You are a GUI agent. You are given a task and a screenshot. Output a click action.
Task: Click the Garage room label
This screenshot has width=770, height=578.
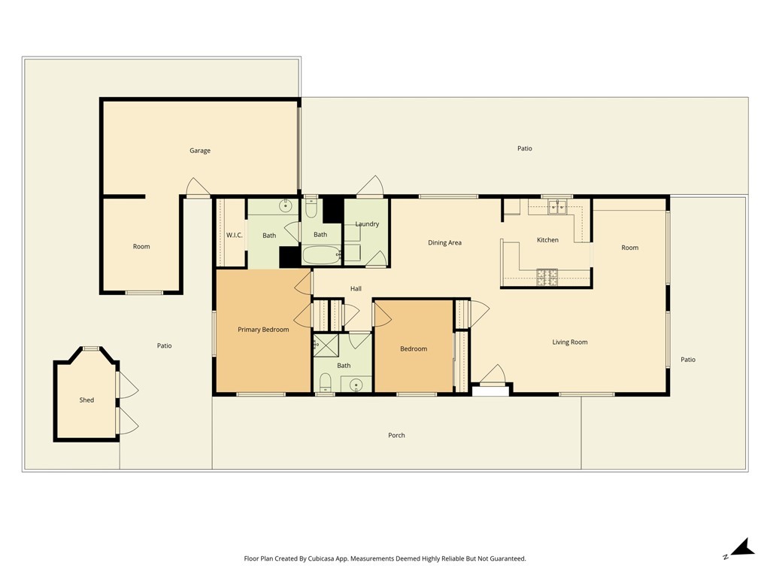click(199, 151)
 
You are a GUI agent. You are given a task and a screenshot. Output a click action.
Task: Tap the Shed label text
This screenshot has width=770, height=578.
click(86, 400)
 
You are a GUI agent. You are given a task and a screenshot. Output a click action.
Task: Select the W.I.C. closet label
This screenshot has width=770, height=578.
click(234, 236)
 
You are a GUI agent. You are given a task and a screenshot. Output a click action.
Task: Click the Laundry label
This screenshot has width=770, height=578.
click(367, 224)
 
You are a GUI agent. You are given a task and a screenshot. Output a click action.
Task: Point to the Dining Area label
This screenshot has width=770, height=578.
click(444, 242)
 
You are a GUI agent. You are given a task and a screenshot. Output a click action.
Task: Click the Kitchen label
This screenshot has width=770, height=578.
click(547, 240)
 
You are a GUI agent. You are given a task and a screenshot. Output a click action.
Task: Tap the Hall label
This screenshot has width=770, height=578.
click(356, 288)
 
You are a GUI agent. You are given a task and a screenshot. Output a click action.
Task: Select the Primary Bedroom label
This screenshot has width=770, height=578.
click(263, 330)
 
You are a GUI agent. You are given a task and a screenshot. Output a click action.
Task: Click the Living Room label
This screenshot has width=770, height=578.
click(569, 342)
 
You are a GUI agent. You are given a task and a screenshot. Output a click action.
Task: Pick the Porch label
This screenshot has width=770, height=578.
click(396, 435)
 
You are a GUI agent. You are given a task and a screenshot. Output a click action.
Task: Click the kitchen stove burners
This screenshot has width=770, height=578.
click(547, 278)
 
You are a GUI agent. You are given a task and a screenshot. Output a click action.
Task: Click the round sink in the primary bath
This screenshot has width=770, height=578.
click(286, 205)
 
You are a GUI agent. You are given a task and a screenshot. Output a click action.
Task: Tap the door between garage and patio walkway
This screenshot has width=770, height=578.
click(197, 187)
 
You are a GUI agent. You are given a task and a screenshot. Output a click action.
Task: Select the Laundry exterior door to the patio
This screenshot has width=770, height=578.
click(371, 186)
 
